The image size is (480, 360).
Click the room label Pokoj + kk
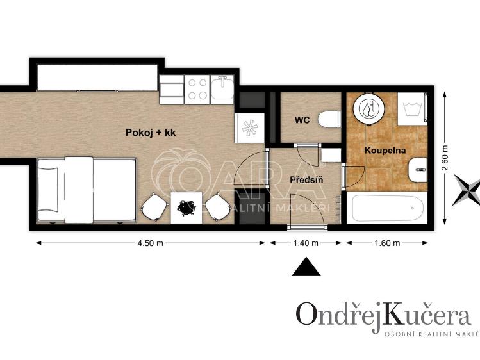[150, 133]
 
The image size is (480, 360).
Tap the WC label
[302, 120]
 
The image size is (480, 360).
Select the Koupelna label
[383, 150]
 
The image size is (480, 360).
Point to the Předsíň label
[306, 180]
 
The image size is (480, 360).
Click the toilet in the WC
[329, 119]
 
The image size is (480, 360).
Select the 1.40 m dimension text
[306, 243]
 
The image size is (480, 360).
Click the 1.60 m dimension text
[386, 243]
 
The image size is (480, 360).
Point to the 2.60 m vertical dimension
[445, 158]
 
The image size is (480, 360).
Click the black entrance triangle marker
[306, 266]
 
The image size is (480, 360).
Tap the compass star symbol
[467, 190]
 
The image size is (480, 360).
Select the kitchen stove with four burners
[197, 90]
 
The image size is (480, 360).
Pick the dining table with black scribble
[186, 207]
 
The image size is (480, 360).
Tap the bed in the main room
[87, 189]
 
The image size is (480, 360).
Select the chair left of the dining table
[154, 207]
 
